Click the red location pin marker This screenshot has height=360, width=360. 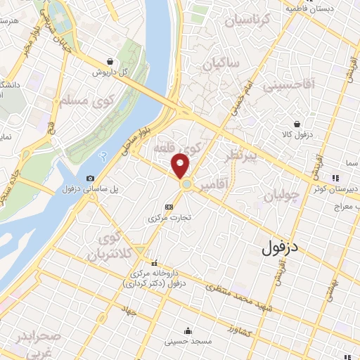tap(181, 166)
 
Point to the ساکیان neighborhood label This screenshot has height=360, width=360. tap(221, 65)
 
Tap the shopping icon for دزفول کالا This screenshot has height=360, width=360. tap(300, 124)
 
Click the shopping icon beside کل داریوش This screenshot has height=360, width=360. tap(111, 61)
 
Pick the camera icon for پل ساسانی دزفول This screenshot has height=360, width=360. tap(90, 179)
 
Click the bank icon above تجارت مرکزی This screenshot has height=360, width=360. tap(168, 207)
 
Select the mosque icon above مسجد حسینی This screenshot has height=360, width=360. tap(188, 331)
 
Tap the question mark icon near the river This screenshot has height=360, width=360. tap(103, 155)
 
